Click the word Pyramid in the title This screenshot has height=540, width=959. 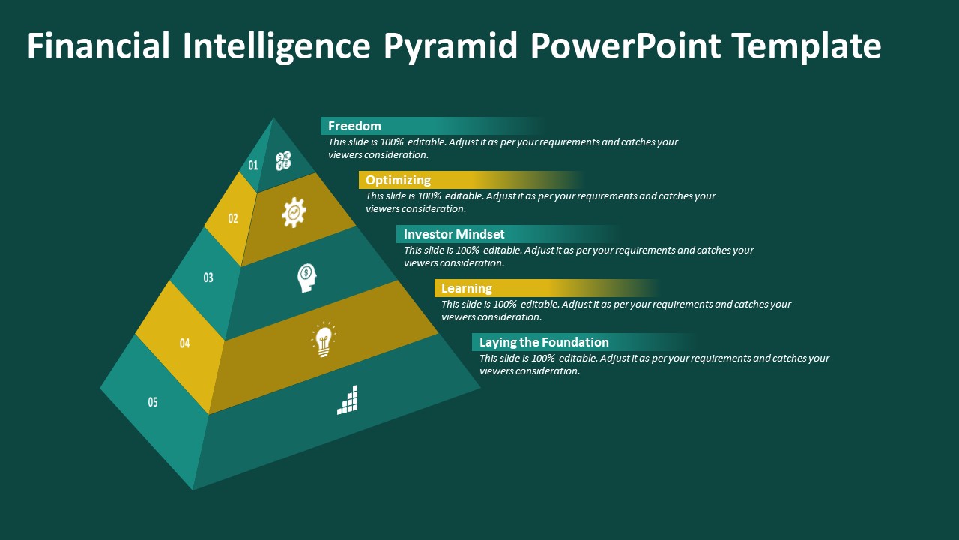coord(450,46)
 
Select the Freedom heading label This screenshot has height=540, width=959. coord(354,126)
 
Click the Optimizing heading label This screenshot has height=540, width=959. coord(398,180)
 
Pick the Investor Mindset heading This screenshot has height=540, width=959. coord(454,234)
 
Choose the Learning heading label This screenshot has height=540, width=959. coord(467,288)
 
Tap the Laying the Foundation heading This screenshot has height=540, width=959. coord(544,342)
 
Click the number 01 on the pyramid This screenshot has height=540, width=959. coord(253,166)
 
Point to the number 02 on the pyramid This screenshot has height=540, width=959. coord(232,219)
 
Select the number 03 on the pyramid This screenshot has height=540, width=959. coord(208,277)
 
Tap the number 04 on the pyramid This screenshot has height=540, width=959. coord(184,343)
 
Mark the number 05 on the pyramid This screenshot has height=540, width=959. coord(153,402)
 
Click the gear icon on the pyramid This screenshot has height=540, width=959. coord(294,212)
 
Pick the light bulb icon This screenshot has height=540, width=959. coord(324,340)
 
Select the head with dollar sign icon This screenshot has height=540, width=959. coord(307,277)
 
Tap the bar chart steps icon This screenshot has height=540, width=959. coord(347,400)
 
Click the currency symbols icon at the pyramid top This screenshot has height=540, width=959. coord(283,161)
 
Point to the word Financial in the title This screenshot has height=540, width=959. coord(98,46)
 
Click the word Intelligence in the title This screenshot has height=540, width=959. coord(276,46)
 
